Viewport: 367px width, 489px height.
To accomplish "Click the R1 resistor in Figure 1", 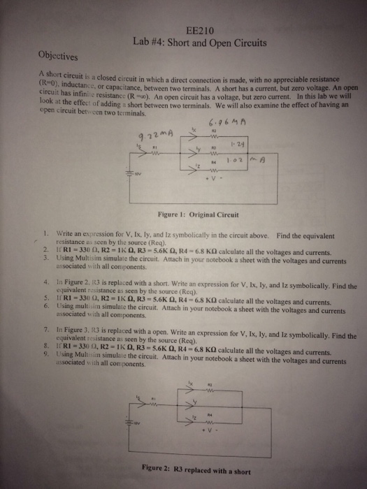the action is (155, 152).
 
